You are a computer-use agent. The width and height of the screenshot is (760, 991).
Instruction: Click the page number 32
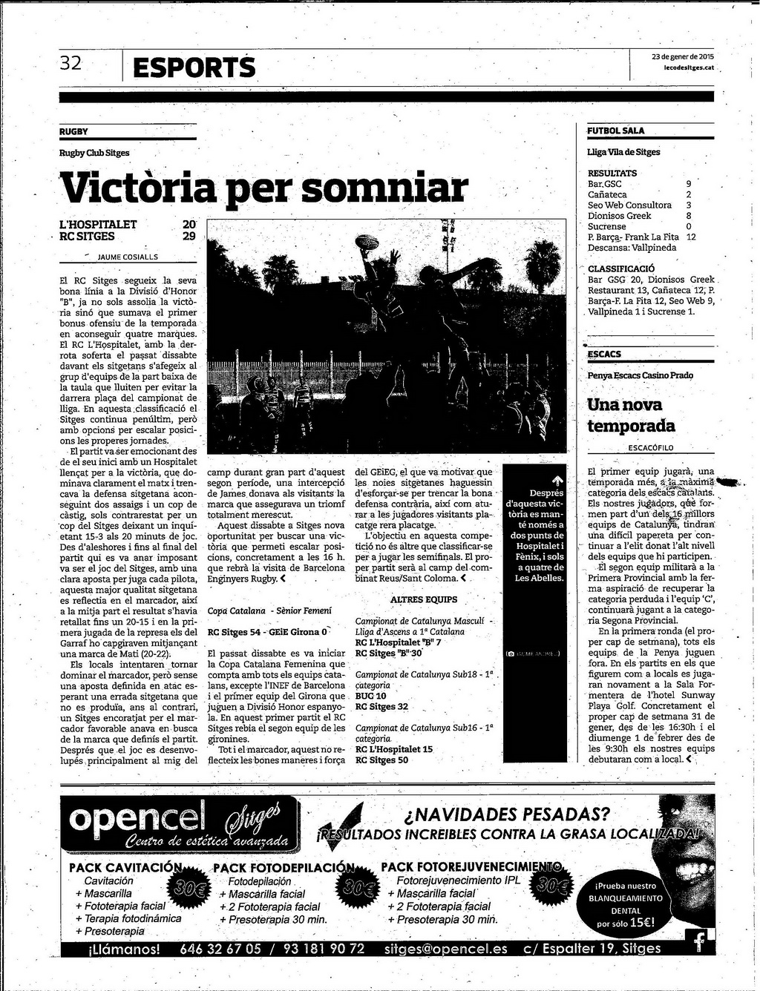point(71,64)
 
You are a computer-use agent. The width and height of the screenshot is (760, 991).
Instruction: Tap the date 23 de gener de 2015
point(683,56)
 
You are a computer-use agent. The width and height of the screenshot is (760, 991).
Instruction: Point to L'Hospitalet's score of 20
point(189,225)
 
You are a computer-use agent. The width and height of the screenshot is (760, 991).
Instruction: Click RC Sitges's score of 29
point(189,237)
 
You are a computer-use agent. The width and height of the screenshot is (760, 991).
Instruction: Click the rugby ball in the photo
point(367,242)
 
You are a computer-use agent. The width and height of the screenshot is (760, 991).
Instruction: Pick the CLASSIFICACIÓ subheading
point(621,269)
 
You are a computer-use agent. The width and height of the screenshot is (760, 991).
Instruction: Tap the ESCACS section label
point(604,354)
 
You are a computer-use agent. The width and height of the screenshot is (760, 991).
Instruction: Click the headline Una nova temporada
point(631,415)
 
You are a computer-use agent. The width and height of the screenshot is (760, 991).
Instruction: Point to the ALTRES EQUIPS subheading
point(424,599)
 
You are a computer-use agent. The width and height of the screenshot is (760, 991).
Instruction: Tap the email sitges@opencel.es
point(446,949)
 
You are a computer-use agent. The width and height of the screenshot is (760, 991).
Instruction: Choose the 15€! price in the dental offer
point(638,923)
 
